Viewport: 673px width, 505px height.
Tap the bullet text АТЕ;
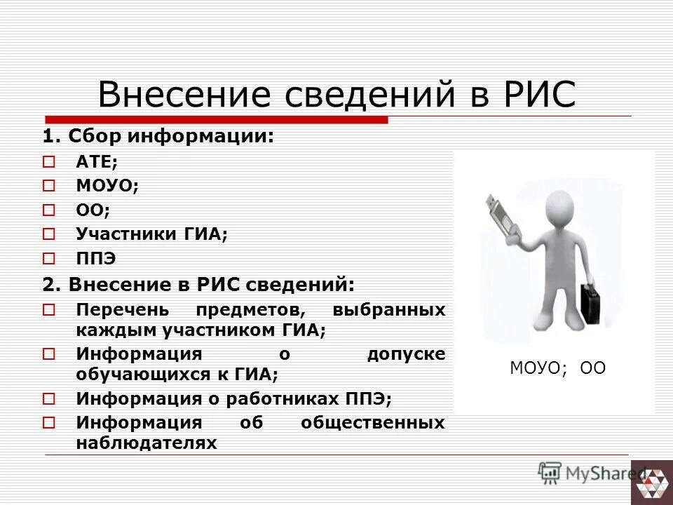click(97, 162)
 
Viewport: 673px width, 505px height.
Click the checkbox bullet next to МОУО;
click(48, 187)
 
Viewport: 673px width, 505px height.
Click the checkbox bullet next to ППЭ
click(48, 259)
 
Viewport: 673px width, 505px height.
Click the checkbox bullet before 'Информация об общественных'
click(48, 423)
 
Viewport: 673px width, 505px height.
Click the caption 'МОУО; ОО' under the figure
click(557, 368)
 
